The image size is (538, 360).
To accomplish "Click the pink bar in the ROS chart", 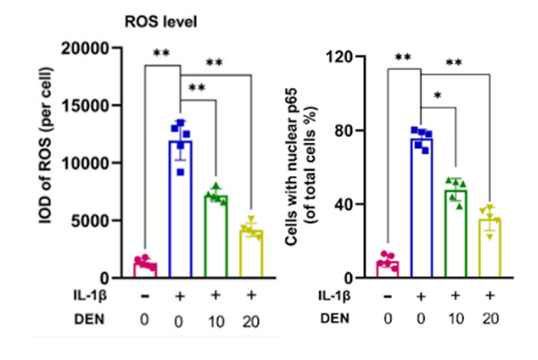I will tap(144, 269).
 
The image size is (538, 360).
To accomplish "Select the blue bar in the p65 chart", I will tap(421, 209).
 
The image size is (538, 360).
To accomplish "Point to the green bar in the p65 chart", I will tap(456, 235).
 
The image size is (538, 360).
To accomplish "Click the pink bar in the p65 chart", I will tap(386, 269).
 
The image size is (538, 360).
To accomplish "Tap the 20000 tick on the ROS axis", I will tap(97, 47).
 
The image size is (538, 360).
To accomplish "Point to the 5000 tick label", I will tap(101, 221).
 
